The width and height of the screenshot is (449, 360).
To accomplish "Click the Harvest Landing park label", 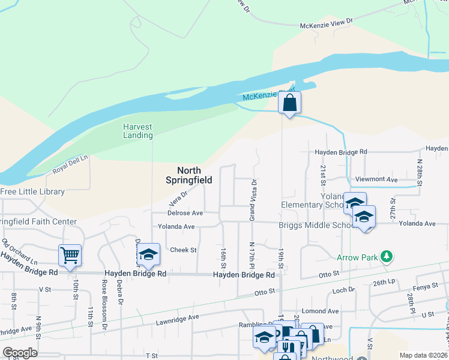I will tap(138, 131).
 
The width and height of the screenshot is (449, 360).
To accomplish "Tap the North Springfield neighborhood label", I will tap(188, 175).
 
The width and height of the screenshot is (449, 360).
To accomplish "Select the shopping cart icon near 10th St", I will tap(70, 256).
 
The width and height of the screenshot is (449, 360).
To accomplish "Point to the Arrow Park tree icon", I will tap(387, 257).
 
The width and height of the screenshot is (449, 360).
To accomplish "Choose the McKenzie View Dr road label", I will tap(327, 24).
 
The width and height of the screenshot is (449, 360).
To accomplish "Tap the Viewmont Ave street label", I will tap(376, 179).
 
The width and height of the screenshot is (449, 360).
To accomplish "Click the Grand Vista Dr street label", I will tap(253, 200).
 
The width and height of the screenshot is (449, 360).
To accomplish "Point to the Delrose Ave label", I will tap(185, 213).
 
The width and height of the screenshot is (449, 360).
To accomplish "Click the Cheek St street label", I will tap(184, 250).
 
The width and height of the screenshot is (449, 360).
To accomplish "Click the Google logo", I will tap(19, 353).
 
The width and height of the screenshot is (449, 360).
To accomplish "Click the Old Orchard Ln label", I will tap(19, 253).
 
